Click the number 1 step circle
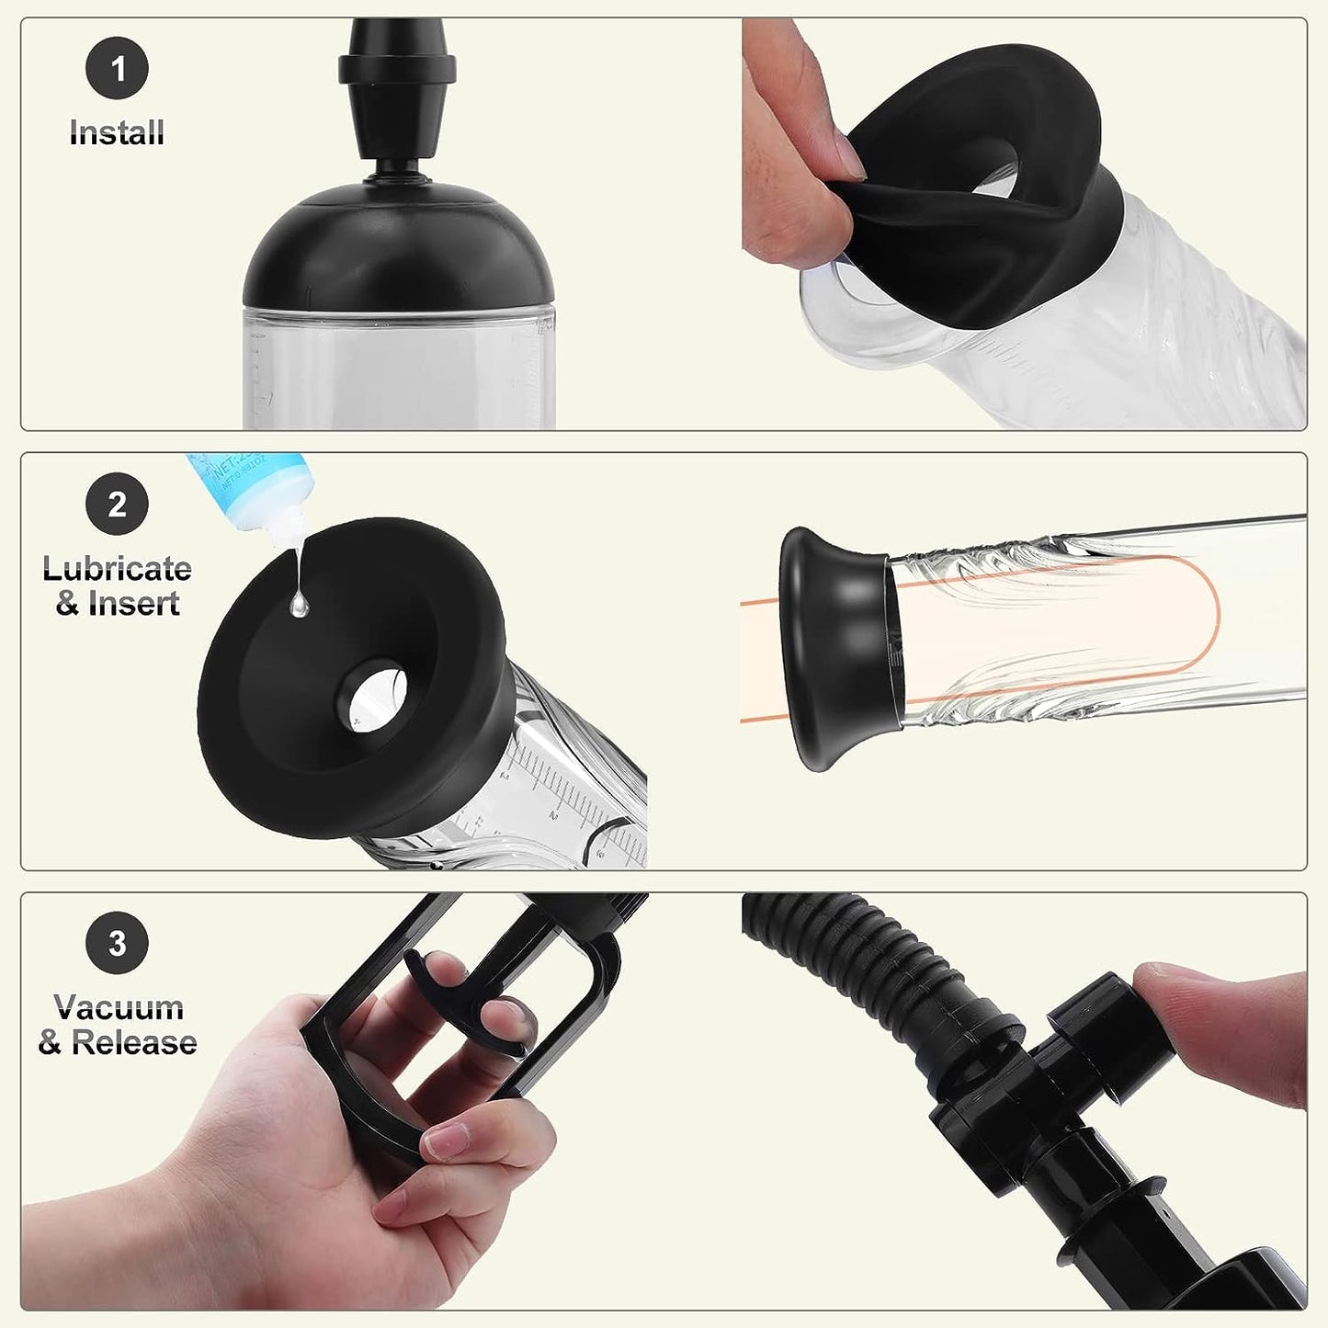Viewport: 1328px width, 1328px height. [x=117, y=68]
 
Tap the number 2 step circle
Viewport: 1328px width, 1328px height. [x=117, y=504]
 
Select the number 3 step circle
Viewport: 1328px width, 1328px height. [x=117, y=943]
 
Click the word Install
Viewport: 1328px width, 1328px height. [x=117, y=133]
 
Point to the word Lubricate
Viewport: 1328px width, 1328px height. [x=117, y=569]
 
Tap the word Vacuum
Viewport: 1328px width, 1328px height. [x=119, y=1007]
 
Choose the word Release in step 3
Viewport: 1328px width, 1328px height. [x=134, y=1042]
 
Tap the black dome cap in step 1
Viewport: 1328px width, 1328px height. [x=398, y=248]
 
